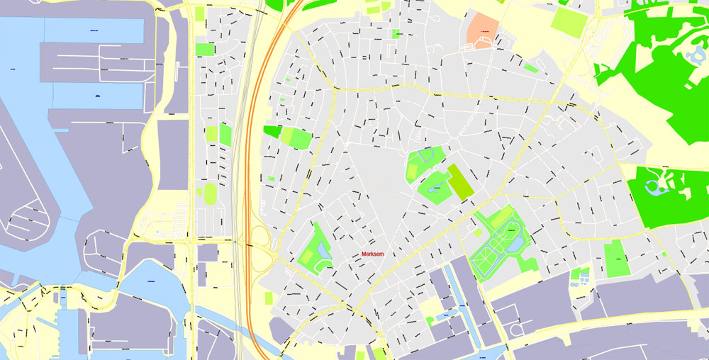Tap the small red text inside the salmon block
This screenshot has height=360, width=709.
[485, 33]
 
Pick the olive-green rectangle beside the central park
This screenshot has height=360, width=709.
[460, 182]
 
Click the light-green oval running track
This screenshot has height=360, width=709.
[211, 193]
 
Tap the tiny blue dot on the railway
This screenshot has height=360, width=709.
[235, 242]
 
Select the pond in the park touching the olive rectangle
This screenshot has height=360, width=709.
[437, 187]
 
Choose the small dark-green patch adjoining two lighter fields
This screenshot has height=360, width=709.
[272, 131]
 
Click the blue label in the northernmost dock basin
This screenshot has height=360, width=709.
[94, 31]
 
